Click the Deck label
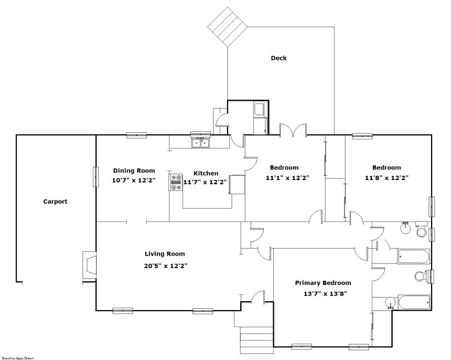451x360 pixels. pos(278,58)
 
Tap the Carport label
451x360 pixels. pos(55,202)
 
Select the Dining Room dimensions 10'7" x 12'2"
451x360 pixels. pos(134,181)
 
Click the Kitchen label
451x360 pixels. pos(206,173)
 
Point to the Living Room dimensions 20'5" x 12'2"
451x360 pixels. pos(166,266)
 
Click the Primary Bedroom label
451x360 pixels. pos(323,283)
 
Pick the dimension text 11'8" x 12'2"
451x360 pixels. pos(386,178)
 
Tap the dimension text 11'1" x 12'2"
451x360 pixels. pos(287,178)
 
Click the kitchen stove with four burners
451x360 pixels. pos(176,182)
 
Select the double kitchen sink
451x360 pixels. pos(201,143)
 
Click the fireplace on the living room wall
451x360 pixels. pos(89,265)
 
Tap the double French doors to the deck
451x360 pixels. pos(293,130)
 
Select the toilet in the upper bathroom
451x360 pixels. pos(422,229)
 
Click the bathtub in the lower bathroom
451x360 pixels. pos(414,302)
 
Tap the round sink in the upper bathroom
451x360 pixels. pos(405,228)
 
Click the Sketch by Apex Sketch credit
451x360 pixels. pos(17,358)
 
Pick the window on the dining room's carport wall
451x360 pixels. pos(96,177)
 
